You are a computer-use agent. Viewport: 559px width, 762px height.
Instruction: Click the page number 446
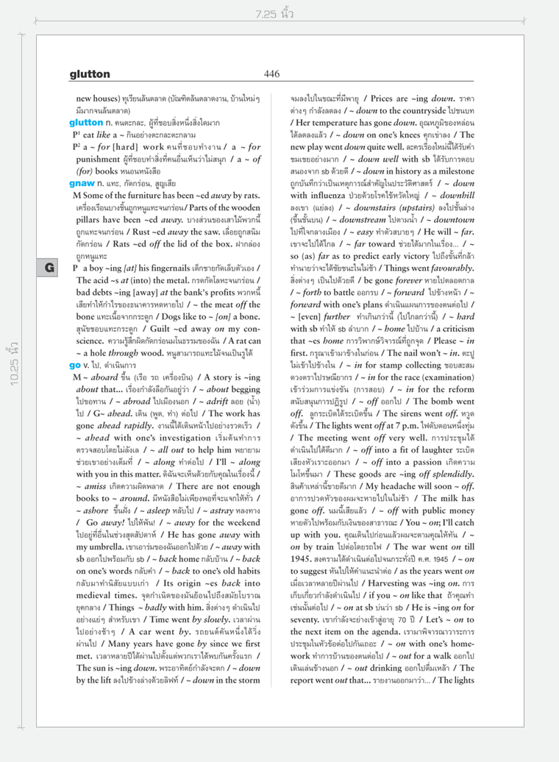pos(271,74)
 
